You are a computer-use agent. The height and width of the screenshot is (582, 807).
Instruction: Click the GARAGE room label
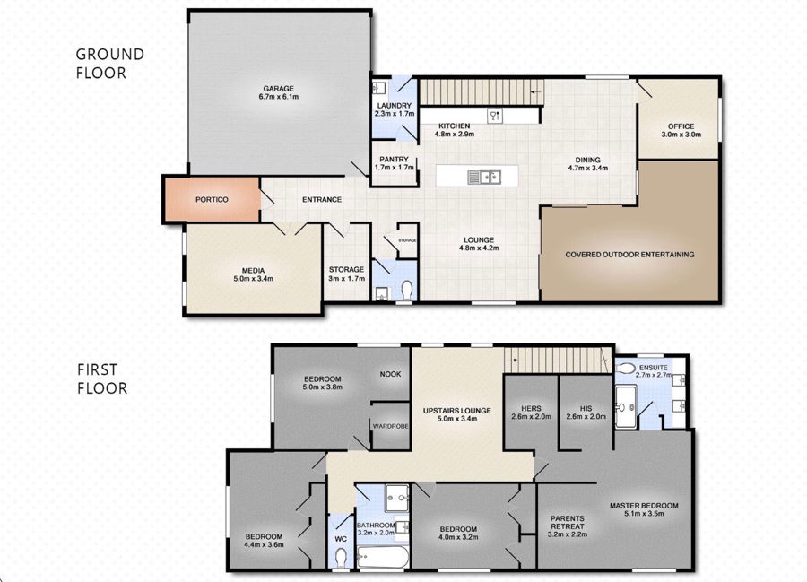click(x=279, y=89)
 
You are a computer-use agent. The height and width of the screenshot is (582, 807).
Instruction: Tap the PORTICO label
click(x=212, y=200)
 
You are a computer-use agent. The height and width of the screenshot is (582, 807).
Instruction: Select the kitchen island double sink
click(x=484, y=177)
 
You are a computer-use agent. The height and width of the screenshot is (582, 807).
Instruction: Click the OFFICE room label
click(x=681, y=126)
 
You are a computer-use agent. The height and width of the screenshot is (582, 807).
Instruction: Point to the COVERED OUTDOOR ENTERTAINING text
click(x=629, y=255)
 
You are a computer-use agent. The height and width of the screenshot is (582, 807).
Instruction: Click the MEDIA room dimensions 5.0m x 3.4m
click(x=253, y=279)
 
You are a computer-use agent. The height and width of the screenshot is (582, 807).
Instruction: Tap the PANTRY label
click(x=394, y=160)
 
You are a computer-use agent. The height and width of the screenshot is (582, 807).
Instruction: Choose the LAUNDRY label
click(x=395, y=106)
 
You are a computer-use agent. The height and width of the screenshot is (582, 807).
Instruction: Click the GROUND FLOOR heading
click(x=109, y=64)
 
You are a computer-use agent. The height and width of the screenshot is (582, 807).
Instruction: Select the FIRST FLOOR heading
click(x=102, y=378)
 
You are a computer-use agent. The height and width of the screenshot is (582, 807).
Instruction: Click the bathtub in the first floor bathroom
click(x=383, y=557)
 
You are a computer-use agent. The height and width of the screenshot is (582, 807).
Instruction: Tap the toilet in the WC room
click(x=341, y=557)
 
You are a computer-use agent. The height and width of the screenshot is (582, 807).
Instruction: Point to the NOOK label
click(x=390, y=374)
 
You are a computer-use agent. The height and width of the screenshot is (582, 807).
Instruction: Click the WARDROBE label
click(x=391, y=426)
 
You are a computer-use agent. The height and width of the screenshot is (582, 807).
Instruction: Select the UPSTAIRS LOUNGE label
click(x=457, y=411)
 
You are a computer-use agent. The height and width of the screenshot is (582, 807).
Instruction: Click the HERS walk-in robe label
click(x=531, y=409)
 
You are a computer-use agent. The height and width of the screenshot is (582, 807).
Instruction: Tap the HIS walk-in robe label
click(x=586, y=409)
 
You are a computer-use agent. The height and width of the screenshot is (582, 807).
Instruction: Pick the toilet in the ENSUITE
click(x=625, y=369)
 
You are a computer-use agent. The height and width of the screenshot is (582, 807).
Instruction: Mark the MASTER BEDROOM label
click(x=644, y=506)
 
